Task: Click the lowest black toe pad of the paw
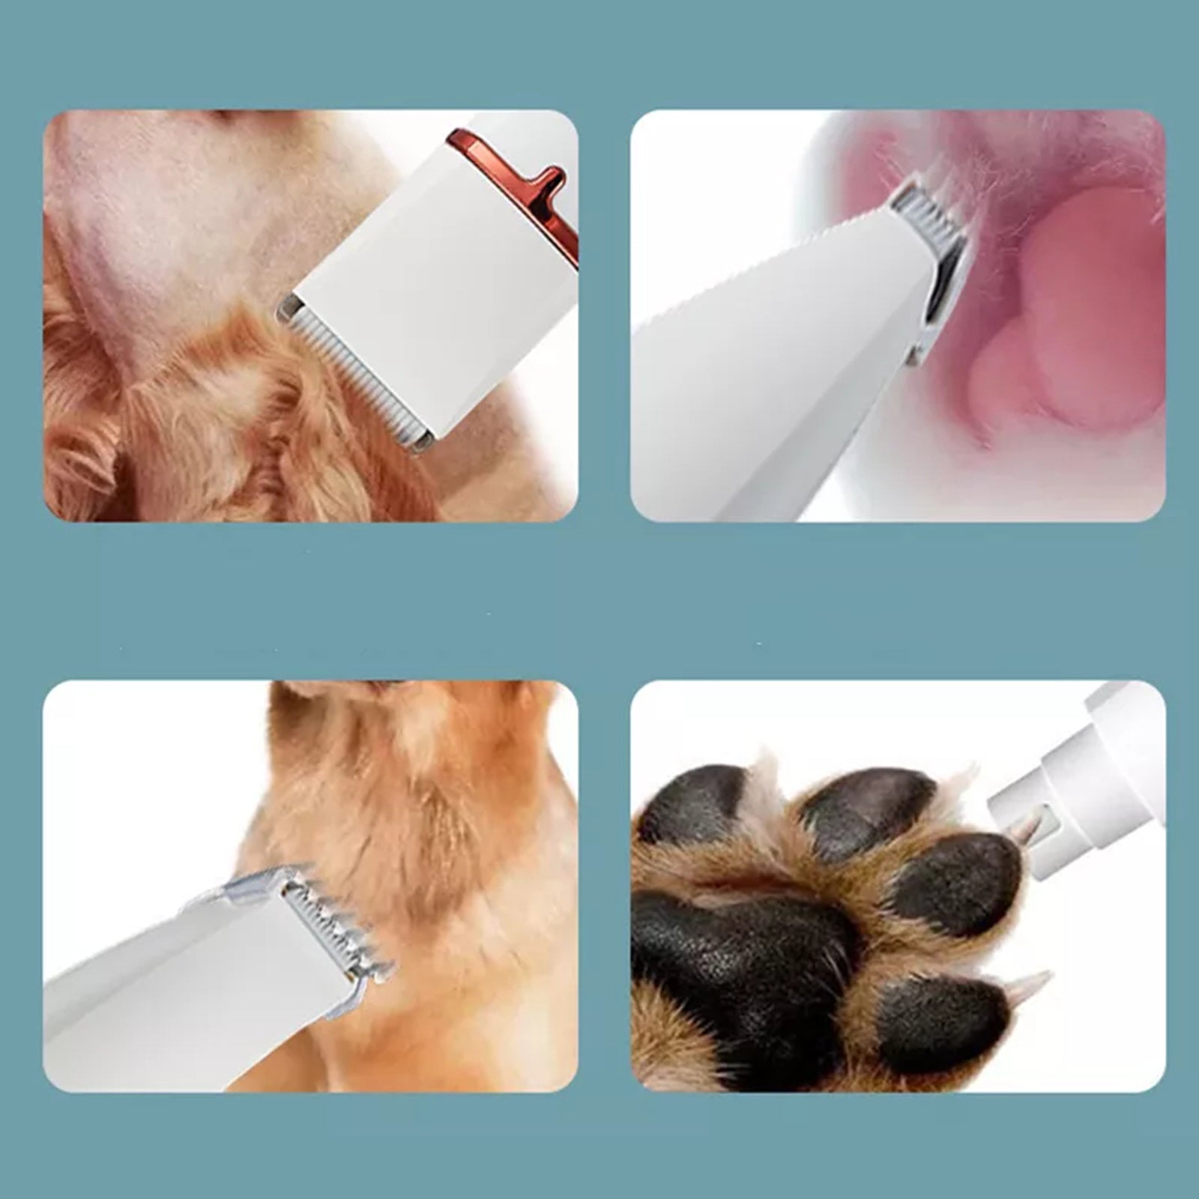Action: [937, 1019]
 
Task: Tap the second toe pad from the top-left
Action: [862, 809]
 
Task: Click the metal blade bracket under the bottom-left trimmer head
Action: [348, 989]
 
